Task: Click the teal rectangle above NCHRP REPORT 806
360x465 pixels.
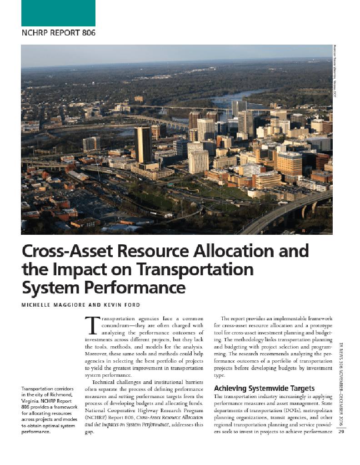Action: click(58, 13)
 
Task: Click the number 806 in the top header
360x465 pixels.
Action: click(86, 33)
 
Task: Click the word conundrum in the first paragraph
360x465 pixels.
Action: click(120, 326)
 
